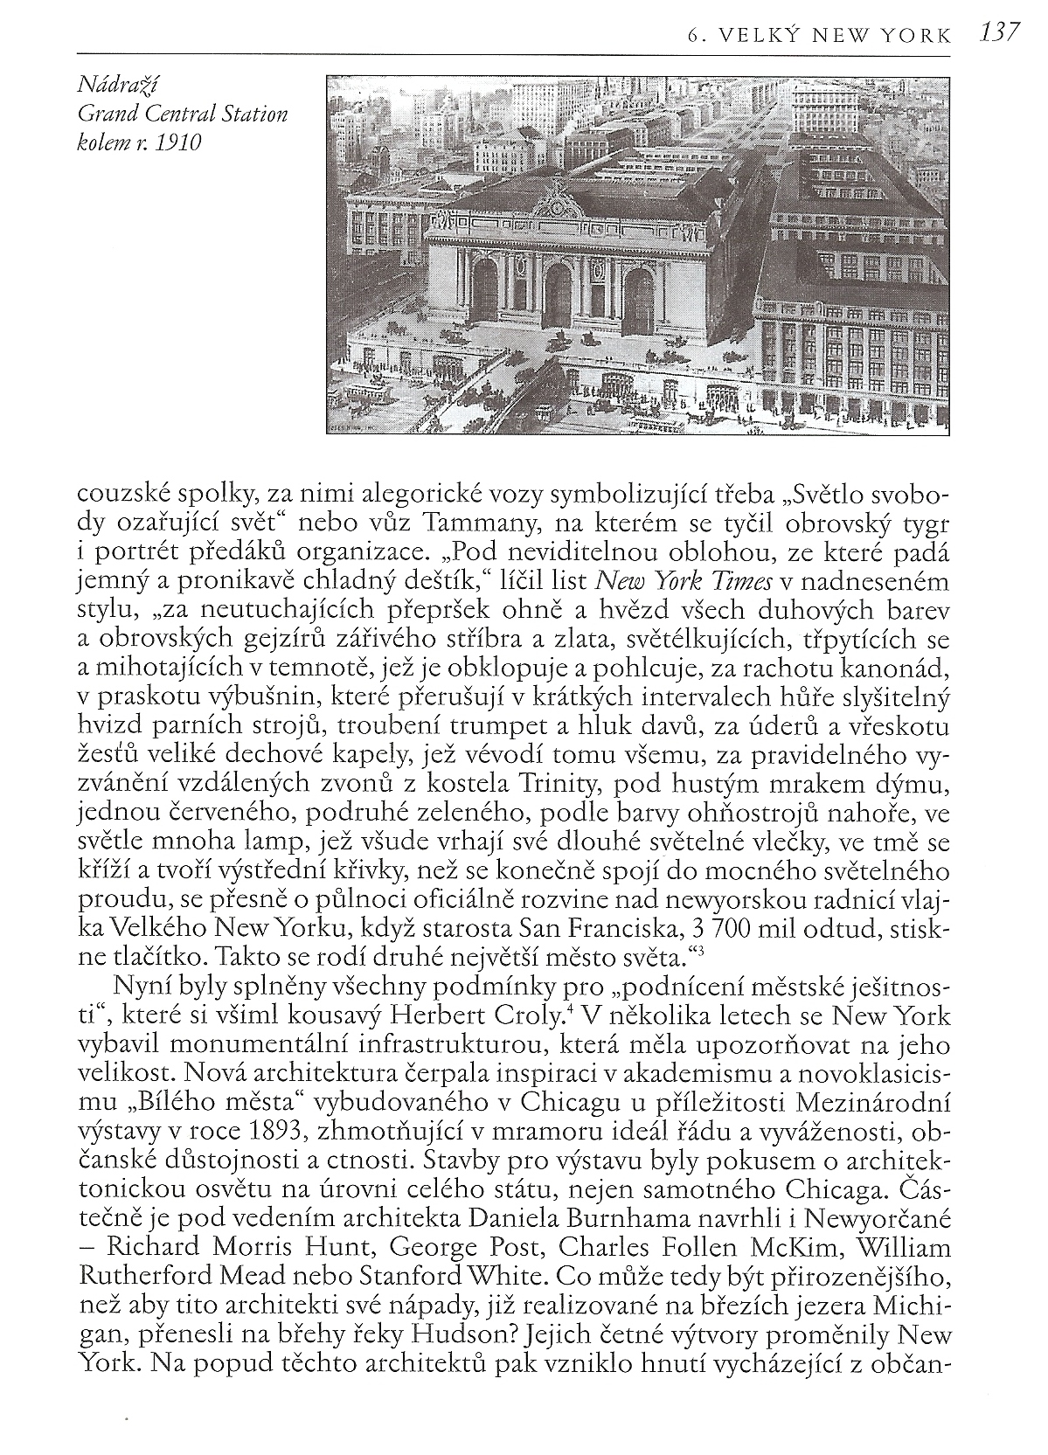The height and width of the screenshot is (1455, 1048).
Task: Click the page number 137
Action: pos(1000,32)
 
